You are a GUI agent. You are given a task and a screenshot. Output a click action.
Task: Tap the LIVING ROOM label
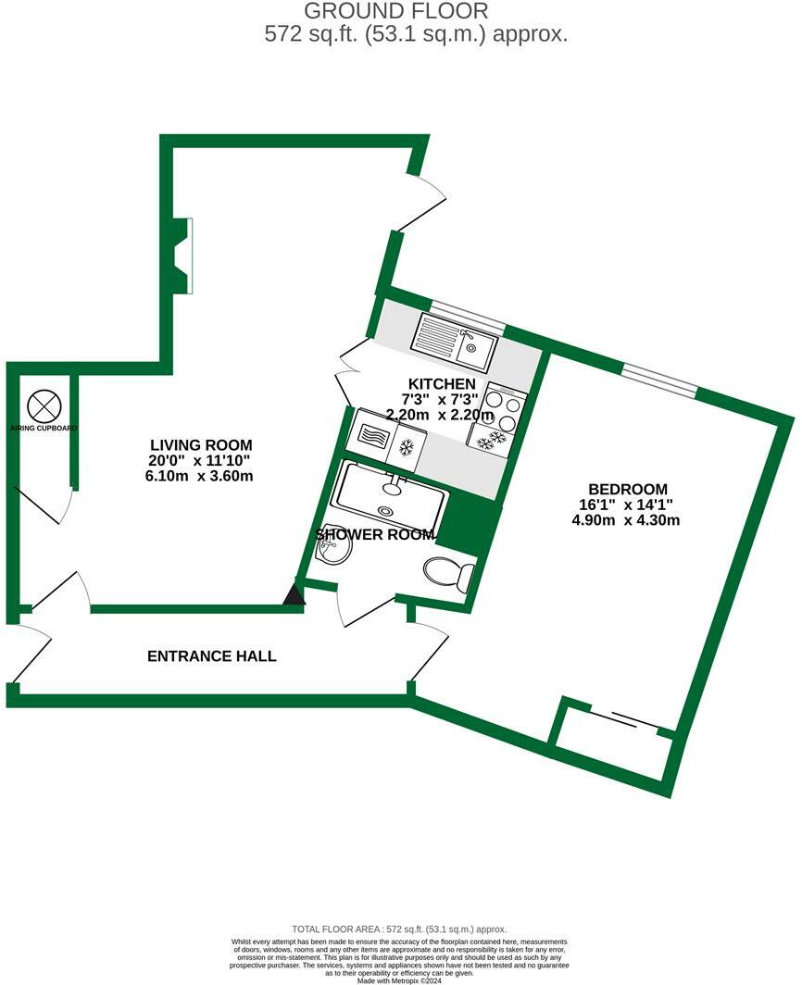pos(202,445)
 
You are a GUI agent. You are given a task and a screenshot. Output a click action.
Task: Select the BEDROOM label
pos(627,489)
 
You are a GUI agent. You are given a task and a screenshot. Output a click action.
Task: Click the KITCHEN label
pos(442,383)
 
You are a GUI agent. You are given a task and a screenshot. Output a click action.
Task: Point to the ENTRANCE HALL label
pos(211,656)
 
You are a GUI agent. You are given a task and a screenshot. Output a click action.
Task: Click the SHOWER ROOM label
pos(375,534)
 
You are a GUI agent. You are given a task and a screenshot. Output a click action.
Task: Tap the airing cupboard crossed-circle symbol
pos(44,405)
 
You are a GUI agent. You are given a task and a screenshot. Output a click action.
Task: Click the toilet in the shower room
pos(452,575)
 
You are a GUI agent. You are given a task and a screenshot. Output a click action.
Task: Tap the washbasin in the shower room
pos(332,551)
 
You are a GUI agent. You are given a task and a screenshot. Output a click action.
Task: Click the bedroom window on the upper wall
pos(658,380)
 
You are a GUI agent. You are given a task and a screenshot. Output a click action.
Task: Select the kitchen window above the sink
pos(468,318)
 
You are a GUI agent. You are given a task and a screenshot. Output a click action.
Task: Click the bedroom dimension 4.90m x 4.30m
pos(627,519)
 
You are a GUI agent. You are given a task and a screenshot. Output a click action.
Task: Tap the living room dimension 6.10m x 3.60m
pos(202,476)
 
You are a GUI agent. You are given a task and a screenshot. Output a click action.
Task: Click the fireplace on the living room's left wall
pos(185,256)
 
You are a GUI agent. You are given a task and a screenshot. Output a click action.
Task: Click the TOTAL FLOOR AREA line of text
pos(400,929)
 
